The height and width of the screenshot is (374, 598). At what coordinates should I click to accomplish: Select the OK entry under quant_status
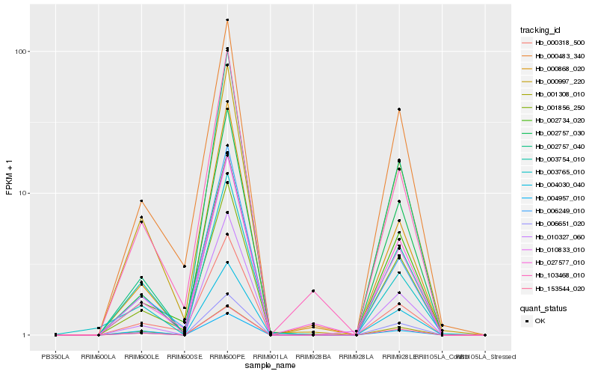(x=540, y=321)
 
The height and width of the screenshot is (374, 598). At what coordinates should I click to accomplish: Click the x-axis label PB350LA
(x=55, y=356)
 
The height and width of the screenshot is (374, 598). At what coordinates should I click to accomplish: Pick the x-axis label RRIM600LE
(x=141, y=356)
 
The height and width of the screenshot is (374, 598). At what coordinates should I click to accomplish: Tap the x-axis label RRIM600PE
(x=227, y=356)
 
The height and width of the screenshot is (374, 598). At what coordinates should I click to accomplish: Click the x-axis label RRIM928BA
(x=313, y=356)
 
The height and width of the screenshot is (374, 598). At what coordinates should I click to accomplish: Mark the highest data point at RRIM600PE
(x=227, y=20)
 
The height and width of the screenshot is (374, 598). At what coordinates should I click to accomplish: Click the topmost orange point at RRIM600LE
(x=141, y=201)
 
